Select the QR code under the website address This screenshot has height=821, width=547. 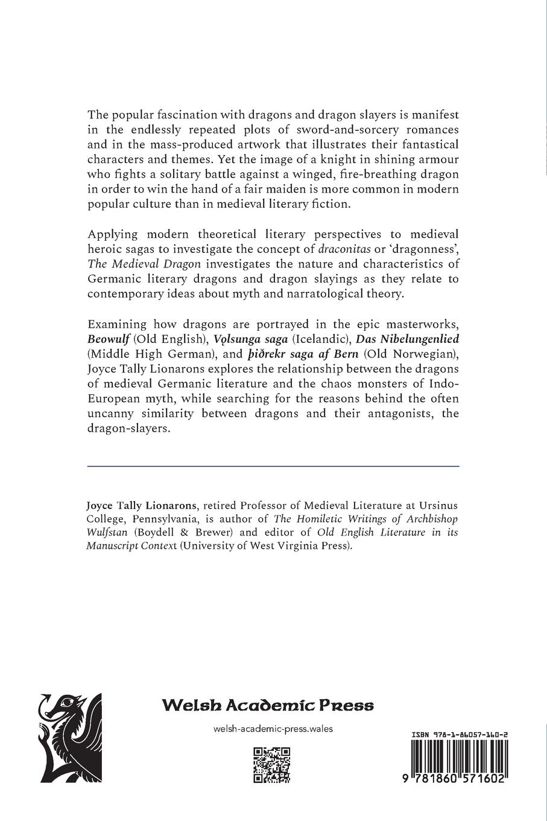pos(271,764)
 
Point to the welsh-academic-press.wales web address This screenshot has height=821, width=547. pos(273,729)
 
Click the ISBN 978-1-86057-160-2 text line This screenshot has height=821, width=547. pos(459,735)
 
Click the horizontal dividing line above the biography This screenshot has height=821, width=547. pos(273,466)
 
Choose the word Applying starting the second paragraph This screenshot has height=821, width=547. pos(112,234)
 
